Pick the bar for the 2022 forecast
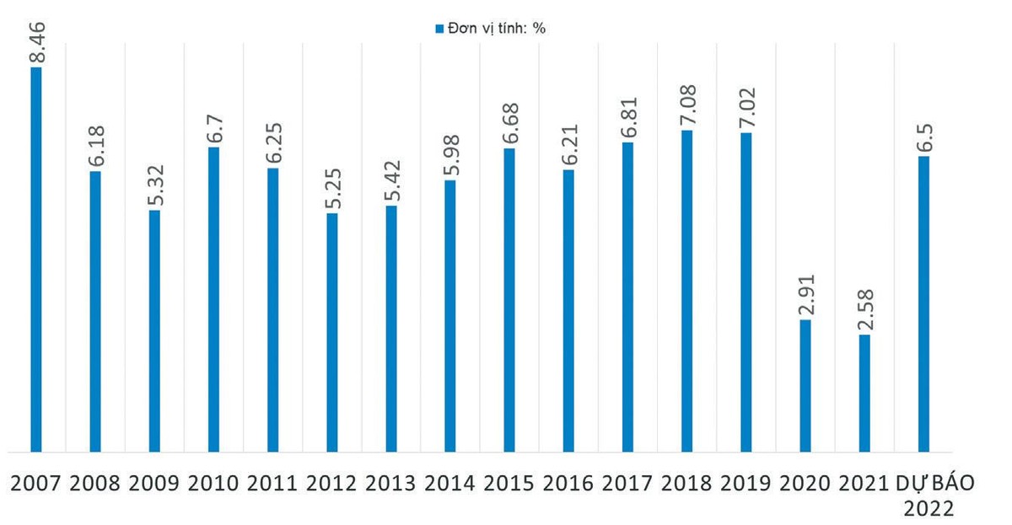[923, 304]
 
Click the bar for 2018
[687, 291]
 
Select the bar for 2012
[332, 333]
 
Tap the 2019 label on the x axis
[746, 483]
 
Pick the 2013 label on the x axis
[391, 483]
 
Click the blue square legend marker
[439, 29]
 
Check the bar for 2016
[569, 311]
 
